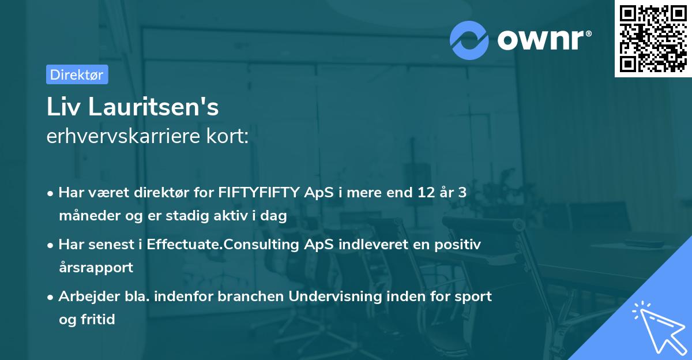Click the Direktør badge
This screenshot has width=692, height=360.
77,74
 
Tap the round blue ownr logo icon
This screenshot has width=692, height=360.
469,40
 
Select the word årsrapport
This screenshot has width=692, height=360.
96,267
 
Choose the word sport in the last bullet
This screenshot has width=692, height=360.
473,297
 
